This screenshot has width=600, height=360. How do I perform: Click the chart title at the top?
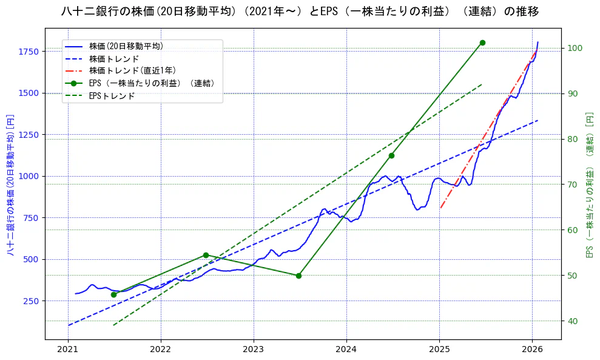300,12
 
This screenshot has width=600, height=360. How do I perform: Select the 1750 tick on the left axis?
28,51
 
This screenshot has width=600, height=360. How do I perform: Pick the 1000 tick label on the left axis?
28,176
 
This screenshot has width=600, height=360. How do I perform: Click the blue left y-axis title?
10,184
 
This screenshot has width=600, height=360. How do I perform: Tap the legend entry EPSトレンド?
112,96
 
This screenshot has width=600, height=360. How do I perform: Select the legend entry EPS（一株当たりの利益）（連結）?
152,83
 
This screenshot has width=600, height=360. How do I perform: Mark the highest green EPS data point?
482,42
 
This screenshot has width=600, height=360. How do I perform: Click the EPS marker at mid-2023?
298,276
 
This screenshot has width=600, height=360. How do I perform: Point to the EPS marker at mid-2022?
206,255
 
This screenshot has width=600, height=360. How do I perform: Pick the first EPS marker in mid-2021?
113,294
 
